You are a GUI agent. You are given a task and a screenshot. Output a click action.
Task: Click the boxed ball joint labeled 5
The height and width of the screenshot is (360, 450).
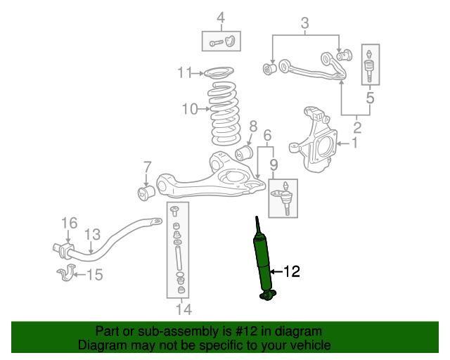(370, 65)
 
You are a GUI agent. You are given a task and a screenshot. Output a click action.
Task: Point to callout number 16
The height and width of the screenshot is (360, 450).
(67, 224)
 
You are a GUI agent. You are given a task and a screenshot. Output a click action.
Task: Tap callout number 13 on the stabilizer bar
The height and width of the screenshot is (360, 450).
(92, 235)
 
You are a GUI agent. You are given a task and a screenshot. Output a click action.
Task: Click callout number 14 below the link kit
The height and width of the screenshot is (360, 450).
(183, 308)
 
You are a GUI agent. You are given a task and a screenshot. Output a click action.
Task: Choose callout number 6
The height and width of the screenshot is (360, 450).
(267, 135)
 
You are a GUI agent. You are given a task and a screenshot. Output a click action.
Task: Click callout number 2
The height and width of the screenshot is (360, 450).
(357, 127)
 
